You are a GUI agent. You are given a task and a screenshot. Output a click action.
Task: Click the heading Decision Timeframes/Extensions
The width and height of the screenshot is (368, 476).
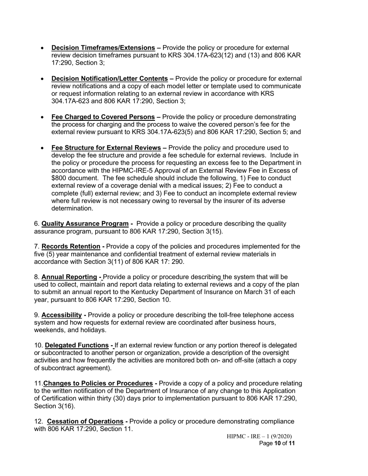pyautogui.click(x=103, y=48)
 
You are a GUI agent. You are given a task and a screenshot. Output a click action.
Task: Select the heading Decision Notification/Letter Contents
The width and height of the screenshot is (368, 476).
pyautogui.click(x=110, y=79)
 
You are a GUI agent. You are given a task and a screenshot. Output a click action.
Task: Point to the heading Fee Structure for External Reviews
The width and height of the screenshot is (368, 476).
pyautogui.click(x=106, y=148)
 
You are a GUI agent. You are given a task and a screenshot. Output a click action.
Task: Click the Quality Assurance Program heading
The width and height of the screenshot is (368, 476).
pyautogui.click(x=85, y=224)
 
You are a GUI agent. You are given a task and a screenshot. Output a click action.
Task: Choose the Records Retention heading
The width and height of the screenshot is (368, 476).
pyautogui.click(x=71, y=247)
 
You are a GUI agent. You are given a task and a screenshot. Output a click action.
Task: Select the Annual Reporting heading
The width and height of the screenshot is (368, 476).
pyautogui.click(x=69, y=277)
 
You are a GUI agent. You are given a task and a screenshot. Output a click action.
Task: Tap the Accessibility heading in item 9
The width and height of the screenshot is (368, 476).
pyautogui.click(x=62, y=315)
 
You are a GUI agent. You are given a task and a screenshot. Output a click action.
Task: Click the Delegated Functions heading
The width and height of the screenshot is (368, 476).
pyautogui.click(x=77, y=345)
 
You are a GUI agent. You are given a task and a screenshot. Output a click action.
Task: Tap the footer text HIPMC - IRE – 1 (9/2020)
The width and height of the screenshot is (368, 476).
pyautogui.click(x=259, y=437)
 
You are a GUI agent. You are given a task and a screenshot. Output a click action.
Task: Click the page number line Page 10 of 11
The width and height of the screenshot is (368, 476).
pyautogui.click(x=277, y=443)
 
